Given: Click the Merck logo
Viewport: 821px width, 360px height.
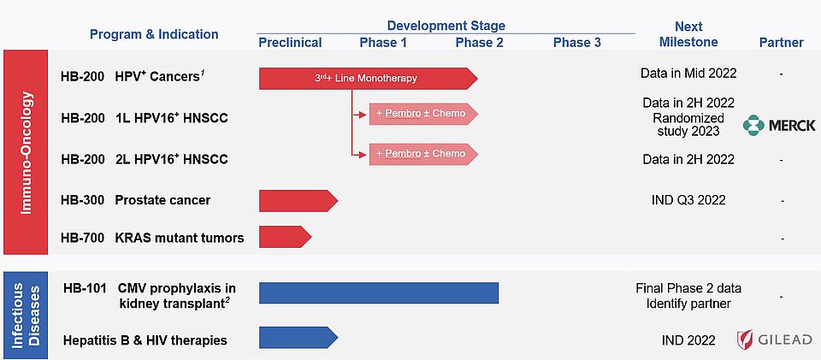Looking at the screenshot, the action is click(x=779, y=126).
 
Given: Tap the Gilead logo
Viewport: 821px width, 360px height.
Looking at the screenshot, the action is click(x=774, y=339).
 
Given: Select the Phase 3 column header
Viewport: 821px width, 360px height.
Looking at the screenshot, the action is click(x=577, y=43).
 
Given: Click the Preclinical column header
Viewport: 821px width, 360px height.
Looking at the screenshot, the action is click(x=290, y=43).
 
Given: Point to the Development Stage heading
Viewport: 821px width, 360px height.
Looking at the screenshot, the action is click(x=446, y=26).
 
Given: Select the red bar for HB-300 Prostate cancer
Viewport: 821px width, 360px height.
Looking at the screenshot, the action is click(x=298, y=201).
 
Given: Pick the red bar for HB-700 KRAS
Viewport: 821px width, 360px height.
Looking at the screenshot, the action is click(x=286, y=237).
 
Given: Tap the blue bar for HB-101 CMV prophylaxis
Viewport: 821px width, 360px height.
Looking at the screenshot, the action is click(x=379, y=293).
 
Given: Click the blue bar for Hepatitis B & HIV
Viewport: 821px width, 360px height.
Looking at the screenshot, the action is click(x=298, y=338).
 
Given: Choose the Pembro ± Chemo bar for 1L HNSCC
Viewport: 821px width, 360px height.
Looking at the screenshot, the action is click(x=424, y=114).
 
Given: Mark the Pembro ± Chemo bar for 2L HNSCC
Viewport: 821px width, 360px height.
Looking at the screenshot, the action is click(x=424, y=154).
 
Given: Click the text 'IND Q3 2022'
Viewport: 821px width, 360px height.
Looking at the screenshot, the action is click(x=688, y=200).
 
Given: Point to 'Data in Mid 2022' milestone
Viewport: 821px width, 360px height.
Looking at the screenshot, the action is click(x=688, y=74).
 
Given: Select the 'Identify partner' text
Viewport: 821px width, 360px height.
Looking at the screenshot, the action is click(x=688, y=304).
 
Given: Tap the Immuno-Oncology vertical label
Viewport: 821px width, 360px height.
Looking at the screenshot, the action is click(x=26, y=153).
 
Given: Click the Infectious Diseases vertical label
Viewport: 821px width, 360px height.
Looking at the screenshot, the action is click(x=26, y=315).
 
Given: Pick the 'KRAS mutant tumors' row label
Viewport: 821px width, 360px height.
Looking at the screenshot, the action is click(x=180, y=238).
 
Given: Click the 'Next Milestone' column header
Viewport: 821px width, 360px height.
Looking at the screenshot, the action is click(x=688, y=34).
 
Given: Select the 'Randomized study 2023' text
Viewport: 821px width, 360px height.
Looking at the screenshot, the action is click(x=688, y=124).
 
